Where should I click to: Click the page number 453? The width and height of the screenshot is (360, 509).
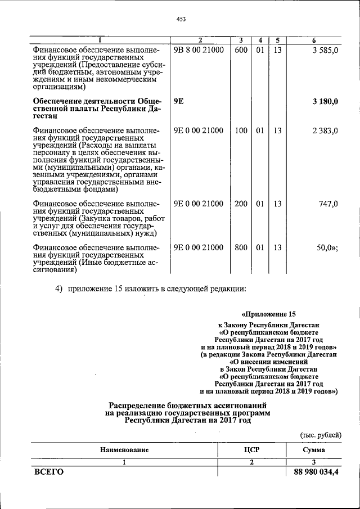pyautogui.click(x=181, y=19)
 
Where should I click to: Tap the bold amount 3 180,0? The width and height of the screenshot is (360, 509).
pyautogui.click(x=325, y=102)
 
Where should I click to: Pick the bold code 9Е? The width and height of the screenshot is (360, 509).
pyautogui.click(x=179, y=102)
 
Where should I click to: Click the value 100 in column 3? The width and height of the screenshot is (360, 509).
pyautogui.click(x=241, y=131)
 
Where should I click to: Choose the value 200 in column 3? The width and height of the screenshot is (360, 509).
pyautogui.click(x=241, y=204)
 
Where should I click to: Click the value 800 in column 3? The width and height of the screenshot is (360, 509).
pyautogui.click(x=241, y=247)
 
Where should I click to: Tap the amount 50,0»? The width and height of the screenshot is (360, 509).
pyautogui.click(x=326, y=247)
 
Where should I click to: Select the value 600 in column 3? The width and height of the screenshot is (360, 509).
pyautogui.click(x=241, y=51)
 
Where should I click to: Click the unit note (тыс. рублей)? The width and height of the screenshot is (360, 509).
pyautogui.click(x=319, y=434)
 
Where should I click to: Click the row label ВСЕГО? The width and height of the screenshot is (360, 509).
pyautogui.click(x=49, y=472)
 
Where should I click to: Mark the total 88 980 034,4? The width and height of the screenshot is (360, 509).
pyautogui.click(x=316, y=472)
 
